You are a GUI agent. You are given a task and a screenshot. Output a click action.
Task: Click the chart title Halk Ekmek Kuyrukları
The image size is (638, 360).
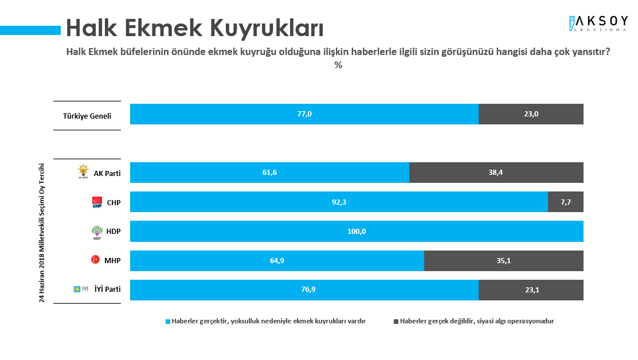click(195, 28)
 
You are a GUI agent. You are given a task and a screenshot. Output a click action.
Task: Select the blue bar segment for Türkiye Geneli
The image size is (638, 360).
click(304, 114)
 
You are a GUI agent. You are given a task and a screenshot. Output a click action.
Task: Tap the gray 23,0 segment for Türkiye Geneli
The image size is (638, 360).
click(531, 114)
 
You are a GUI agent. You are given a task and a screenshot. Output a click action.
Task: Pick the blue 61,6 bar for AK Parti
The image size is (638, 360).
click(269, 173)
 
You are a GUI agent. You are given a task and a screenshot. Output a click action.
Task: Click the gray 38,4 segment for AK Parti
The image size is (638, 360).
click(496, 173)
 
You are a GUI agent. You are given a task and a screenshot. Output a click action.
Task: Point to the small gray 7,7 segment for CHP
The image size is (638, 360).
click(565, 202)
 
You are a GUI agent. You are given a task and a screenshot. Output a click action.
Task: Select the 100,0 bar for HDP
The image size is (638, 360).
click(357, 231)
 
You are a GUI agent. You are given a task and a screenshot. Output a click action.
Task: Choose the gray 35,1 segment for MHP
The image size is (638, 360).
click(503, 261)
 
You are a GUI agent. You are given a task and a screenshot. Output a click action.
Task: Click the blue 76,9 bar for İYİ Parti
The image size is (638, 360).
click(304, 290)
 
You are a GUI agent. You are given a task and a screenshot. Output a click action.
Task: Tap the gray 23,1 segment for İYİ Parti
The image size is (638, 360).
click(531, 290)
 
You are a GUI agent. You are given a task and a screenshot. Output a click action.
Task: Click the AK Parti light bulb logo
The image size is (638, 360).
click(84, 171)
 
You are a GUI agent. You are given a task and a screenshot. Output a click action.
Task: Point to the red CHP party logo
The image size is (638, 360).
click(97, 202)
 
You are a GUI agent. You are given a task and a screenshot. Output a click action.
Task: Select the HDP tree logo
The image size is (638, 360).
click(96, 232)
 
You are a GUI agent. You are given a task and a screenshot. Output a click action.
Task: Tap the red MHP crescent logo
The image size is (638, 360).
click(96, 260)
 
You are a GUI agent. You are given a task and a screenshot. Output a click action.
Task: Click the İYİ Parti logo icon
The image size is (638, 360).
click(81, 289)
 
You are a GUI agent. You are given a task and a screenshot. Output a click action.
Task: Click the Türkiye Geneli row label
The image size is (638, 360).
click(87, 116)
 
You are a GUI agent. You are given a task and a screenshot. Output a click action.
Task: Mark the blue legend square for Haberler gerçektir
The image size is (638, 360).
click(167, 322)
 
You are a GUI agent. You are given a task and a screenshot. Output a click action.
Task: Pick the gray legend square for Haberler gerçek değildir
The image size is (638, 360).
click(396, 322)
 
